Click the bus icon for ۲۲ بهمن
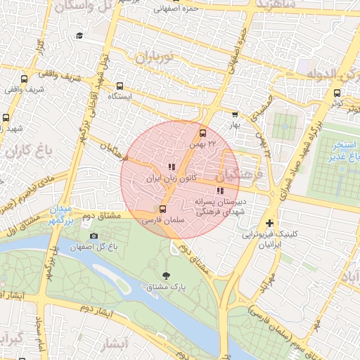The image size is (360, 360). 203,132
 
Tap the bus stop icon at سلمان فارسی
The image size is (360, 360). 163,209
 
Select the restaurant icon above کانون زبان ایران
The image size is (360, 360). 172,167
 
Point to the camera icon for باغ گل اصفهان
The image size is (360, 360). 94,236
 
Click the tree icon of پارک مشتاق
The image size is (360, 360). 166,276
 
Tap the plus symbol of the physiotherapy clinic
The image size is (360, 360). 269,223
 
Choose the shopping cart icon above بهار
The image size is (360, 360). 235,114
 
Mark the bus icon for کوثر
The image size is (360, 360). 337,93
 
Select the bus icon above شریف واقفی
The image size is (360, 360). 25,79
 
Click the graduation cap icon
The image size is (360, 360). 80,35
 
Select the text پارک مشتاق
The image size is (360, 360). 167,288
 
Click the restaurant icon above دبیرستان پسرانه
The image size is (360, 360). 220,190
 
